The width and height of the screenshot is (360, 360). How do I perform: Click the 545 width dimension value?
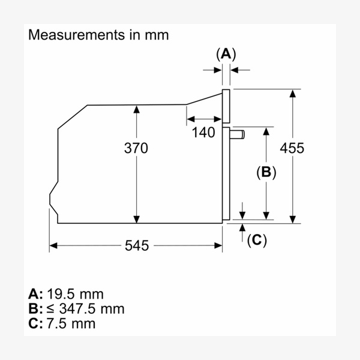pos(137,245)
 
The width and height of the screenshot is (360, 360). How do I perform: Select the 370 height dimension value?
pos(136,148)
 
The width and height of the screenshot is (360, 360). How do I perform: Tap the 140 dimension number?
pos(203,133)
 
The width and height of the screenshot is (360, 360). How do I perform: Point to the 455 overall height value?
pos(292,148)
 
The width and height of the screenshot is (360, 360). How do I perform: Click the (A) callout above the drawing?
pos(226,55)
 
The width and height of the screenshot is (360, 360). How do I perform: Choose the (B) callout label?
pos(266,172)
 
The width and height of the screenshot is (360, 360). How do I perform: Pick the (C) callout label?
pos(257,241)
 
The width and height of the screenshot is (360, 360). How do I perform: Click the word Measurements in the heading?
pos(76,35)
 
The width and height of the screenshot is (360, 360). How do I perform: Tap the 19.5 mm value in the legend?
pos(76,294)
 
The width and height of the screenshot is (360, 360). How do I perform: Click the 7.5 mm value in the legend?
pos(71,323)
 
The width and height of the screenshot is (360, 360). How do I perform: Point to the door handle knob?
pos(237,134)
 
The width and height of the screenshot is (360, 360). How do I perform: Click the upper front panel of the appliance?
pos(226,106)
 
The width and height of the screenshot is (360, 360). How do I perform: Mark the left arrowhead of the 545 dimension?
pos(53,245)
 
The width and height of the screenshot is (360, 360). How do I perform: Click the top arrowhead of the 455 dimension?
pos(293,94)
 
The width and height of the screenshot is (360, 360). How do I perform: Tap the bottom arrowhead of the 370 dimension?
pos(137,219)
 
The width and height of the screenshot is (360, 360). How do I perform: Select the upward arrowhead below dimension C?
pos(242,228)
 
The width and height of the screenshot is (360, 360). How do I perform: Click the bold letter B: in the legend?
pos(35,309)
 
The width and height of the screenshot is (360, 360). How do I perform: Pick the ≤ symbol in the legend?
pos(51,309)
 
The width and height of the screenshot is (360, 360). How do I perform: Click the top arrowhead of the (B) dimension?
pos(266,131)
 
